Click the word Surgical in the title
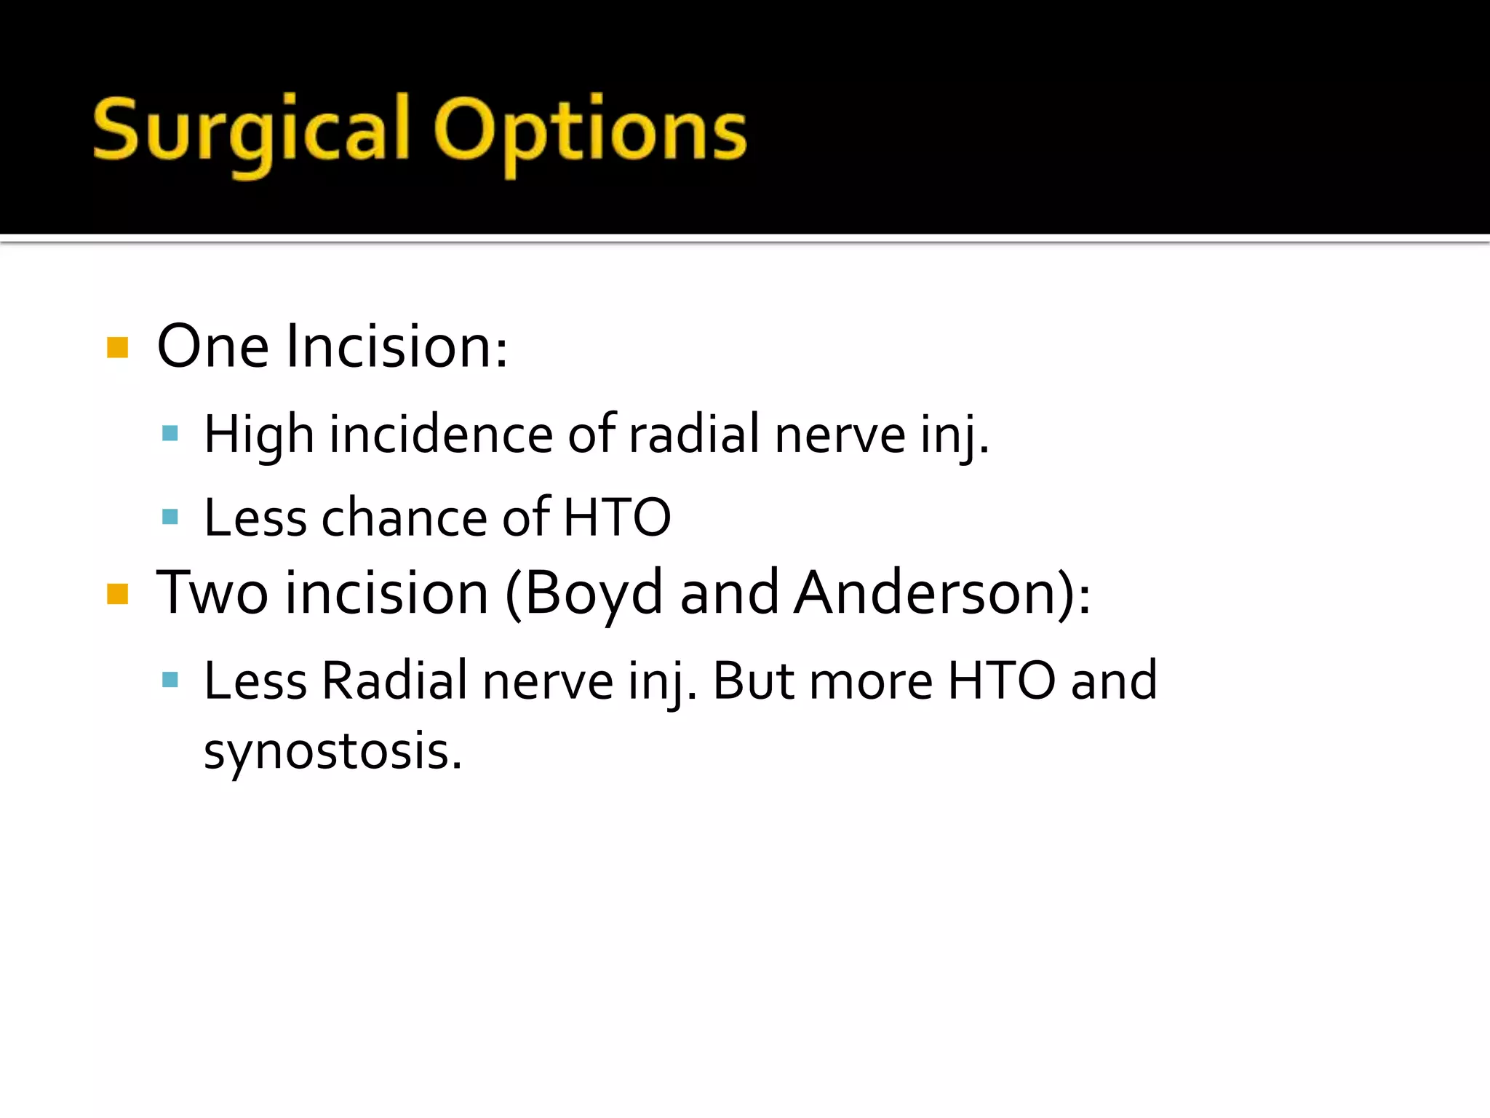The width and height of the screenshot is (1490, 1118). point(251,131)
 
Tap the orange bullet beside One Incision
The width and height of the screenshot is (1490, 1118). point(117,347)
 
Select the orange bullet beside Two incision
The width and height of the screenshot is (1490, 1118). point(117,594)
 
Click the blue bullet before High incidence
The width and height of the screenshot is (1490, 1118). point(170,435)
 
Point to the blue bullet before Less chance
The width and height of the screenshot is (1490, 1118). point(170,518)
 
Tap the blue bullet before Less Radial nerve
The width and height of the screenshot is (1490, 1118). point(170,681)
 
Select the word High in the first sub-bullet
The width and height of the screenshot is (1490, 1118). point(259,435)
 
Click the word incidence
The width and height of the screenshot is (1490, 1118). point(442,435)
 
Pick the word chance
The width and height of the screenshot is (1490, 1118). point(405,518)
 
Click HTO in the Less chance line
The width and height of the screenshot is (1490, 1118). point(617,518)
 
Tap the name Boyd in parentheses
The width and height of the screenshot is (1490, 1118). point(592,594)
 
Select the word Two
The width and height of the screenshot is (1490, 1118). point(212,594)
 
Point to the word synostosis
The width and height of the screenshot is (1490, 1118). point(332,751)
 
